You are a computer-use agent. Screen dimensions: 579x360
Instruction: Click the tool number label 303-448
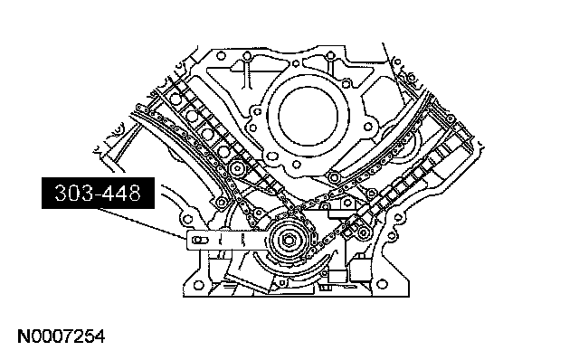point(98,193)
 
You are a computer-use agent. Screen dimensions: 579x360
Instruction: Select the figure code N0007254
point(62,336)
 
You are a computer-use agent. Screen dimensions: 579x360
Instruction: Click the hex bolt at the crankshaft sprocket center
point(288,241)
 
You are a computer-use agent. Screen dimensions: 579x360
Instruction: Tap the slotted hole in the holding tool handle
point(200,241)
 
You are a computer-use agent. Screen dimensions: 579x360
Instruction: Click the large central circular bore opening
point(308,116)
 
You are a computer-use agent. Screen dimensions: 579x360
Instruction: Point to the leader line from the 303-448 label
point(141,223)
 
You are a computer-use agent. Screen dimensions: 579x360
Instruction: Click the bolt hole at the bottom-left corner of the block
point(198,285)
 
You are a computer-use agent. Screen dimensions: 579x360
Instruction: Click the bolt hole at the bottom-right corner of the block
point(383,285)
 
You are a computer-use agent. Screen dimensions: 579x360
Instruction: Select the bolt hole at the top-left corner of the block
point(221,56)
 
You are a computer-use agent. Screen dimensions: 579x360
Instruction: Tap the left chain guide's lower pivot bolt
point(222,202)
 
